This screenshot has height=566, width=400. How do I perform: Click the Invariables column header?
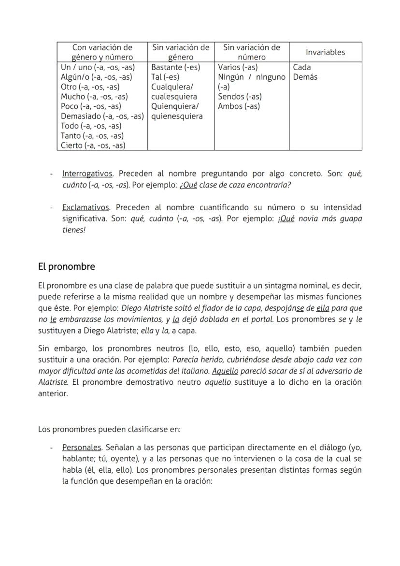[x=325, y=52]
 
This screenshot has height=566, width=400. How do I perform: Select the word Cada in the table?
[x=302, y=67]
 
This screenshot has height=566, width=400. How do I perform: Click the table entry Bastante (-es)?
[x=175, y=67]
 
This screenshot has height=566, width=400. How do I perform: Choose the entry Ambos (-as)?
[x=239, y=106]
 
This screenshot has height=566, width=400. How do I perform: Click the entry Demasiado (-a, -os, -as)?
[x=102, y=116]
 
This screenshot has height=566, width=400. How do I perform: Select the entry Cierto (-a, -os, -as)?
[x=93, y=145]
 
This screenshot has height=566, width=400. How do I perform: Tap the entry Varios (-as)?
[x=238, y=67]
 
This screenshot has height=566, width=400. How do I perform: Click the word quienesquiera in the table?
[x=177, y=116]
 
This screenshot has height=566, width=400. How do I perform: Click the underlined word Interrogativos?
[x=87, y=174]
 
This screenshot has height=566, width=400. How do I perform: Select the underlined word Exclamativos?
[x=86, y=207]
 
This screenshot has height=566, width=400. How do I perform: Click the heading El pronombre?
[x=67, y=267]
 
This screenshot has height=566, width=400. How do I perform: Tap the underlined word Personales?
[x=82, y=448]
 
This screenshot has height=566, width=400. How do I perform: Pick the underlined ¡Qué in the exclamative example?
[x=286, y=218]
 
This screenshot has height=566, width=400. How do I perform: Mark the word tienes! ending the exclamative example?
[x=74, y=230]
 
